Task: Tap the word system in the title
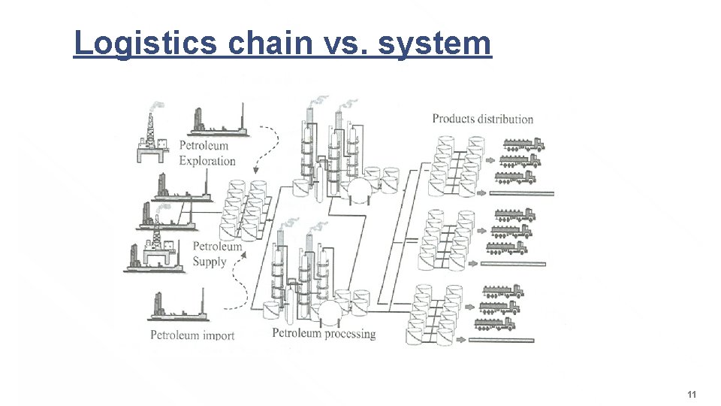click(435, 43)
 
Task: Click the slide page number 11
click(692, 395)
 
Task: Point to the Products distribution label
click(482, 119)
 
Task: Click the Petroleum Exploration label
click(207, 153)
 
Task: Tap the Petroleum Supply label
click(217, 254)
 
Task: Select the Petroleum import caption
click(192, 335)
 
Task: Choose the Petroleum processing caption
click(324, 333)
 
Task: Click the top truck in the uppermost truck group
click(523, 144)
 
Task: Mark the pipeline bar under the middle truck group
click(513, 264)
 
